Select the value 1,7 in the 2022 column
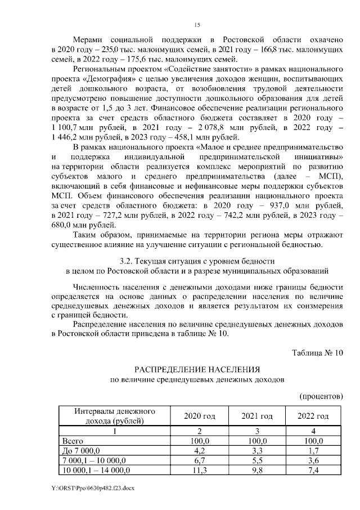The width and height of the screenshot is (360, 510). click(314, 450)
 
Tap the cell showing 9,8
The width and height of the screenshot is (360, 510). click(257, 470)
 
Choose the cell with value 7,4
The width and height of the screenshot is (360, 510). click(314, 470)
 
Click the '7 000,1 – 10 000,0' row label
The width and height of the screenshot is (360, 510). click(95, 460)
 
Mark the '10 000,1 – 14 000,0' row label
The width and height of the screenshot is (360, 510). click(97, 470)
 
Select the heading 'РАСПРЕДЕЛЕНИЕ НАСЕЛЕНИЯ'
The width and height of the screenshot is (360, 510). click(196, 369)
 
